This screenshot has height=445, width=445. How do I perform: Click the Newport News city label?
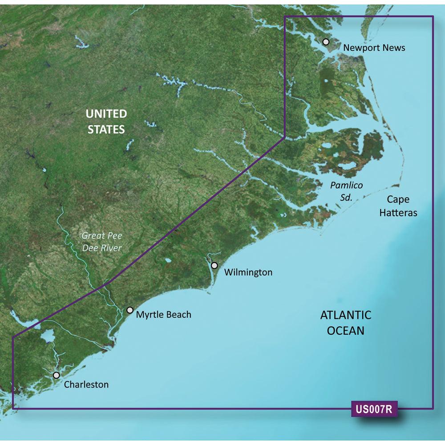(374, 47)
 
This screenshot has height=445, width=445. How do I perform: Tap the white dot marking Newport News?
(326, 42)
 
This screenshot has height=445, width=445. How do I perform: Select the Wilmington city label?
(248, 272)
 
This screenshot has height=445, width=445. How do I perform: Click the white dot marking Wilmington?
(214, 266)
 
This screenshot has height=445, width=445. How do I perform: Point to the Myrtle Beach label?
(163, 315)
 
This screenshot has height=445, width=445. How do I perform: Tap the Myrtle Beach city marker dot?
(130, 310)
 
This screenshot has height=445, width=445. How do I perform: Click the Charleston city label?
(86, 384)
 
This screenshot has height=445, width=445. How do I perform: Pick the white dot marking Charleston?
(56, 375)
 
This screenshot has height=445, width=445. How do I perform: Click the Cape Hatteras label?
(398, 206)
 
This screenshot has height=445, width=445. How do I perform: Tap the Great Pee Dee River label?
(102, 242)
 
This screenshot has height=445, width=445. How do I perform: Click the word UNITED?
(106, 114)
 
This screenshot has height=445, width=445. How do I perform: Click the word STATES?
(106, 129)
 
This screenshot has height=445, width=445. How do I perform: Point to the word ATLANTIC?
(345, 316)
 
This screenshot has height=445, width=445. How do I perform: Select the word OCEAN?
(345, 331)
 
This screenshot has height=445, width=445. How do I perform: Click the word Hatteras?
(398, 213)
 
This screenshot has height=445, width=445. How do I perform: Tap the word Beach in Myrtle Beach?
(177, 315)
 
